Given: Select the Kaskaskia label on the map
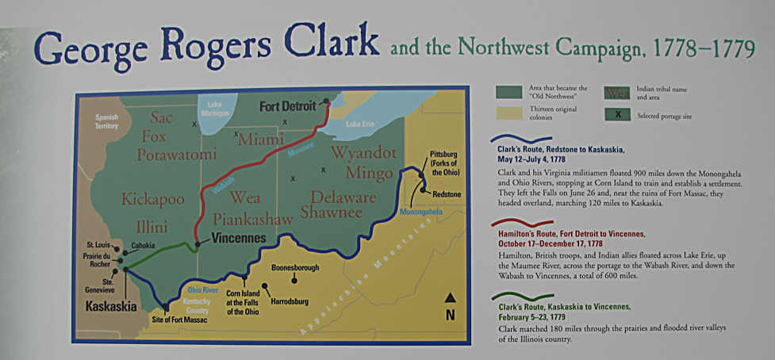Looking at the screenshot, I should pos(112,306).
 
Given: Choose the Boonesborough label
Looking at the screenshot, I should pos(295,268).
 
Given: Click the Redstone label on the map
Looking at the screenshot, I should pos(446,193).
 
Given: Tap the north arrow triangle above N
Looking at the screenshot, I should pos(450,298).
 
